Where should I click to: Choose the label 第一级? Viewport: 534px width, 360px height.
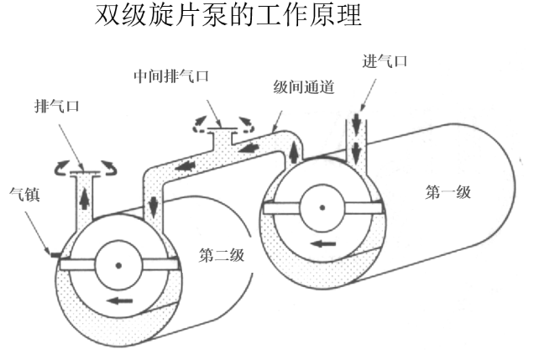[x=448, y=191]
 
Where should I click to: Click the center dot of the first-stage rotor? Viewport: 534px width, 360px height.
[x=322, y=208]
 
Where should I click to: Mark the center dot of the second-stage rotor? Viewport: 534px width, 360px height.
[x=118, y=266]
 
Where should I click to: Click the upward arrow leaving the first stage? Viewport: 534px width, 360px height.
[x=294, y=153]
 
